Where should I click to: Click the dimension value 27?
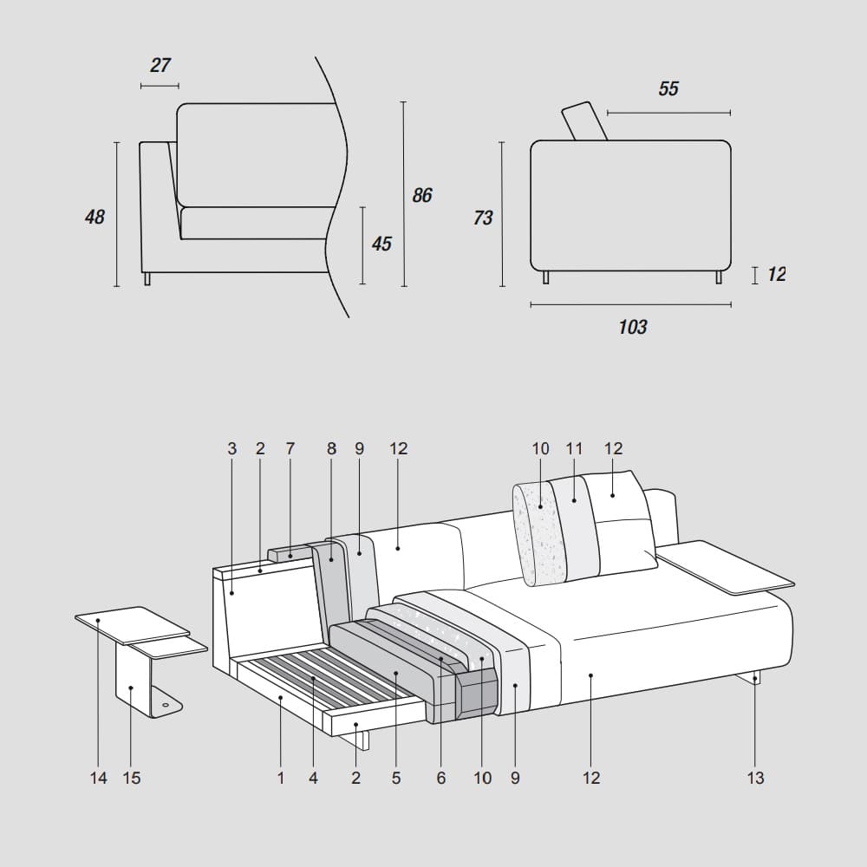(160, 66)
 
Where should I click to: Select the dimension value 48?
(95, 217)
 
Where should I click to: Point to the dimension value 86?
(422, 196)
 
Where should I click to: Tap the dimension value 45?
(381, 244)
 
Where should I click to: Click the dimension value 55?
(668, 89)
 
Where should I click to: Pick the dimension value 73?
(483, 218)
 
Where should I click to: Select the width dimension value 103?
(633, 328)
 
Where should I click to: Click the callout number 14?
(99, 779)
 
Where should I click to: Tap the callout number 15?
(131, 779)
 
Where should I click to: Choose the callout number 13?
(756, 779)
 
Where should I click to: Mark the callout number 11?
(574, 449)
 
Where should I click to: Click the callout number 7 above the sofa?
(290, 449)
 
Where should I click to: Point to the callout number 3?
(231, 449)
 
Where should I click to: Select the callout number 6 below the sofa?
(441, 779)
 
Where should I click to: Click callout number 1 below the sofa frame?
(281, 779)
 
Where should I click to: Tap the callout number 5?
(396, 779)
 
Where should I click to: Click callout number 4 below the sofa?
(313, 779)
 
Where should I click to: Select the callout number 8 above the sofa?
(331, 449)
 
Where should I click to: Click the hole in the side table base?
(166, 707)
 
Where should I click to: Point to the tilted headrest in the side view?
(584, 121)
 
